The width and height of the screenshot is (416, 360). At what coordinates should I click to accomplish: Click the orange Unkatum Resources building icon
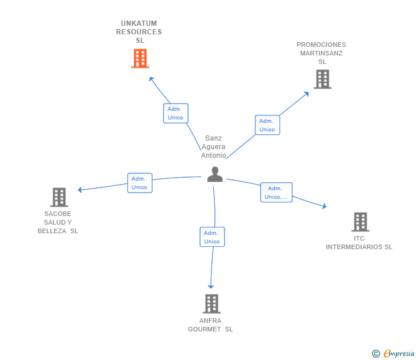[x=140, y=58]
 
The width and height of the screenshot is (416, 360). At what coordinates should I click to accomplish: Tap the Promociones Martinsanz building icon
[x=322, y=79]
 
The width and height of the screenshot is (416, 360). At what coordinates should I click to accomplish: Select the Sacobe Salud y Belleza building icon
[x=59, y=197]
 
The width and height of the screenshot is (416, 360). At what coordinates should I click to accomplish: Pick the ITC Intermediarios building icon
[x=360, y=222]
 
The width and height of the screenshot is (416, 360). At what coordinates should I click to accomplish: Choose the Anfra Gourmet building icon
[x=211, y=303]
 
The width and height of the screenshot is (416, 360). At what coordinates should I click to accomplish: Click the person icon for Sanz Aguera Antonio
[x=215, y=174]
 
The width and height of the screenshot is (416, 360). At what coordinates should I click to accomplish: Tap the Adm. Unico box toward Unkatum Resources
[x=175, y=113]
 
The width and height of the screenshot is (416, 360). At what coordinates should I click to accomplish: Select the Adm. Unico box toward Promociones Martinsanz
[x=267, y=125]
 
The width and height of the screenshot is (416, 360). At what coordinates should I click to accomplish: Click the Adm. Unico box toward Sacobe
[x=139, y=183]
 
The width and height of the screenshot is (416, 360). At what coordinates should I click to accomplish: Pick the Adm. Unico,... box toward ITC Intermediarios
[x=276, y=193]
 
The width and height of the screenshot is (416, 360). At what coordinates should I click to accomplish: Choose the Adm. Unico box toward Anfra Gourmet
[x=212, y=237]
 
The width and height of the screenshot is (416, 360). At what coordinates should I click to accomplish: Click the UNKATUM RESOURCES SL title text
[x=139, y=32]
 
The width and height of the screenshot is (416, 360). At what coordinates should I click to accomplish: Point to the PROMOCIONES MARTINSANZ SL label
[x=322, y=53]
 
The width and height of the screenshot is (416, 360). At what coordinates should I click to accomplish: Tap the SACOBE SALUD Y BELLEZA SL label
[x=58, y=222]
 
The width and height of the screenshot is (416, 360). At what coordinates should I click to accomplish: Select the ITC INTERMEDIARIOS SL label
[x=359, y=243]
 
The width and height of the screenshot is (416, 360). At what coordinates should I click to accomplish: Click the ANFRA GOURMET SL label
[x=210, y=325]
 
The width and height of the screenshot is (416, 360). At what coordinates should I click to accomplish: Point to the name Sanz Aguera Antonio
[x=214, y=147]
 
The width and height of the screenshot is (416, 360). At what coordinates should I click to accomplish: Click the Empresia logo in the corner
[x=399, y=354]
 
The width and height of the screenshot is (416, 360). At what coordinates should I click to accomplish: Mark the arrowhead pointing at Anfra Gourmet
[x=211, y=286]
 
